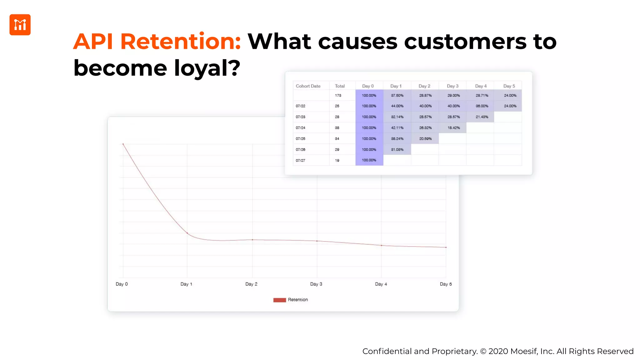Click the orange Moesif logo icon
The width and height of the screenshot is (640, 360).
pyautogui.click(x=20, y=25)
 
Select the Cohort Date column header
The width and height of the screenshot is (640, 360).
pyautogui.click(x=308, y=86)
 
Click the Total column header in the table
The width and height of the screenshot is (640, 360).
pyautogui.click(x=340, y=86)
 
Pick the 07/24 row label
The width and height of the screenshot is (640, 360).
pyautogui.click(x=300, y=128)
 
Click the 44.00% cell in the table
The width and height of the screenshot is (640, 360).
pyautogui.click(x=397, y=106)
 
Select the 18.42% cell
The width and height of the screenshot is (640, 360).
pyautogui.click(x=453, y=128)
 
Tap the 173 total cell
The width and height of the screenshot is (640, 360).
pyautogui.click(x=338, y=96)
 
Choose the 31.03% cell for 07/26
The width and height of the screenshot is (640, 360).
pyautogui.click(x=397, y=150)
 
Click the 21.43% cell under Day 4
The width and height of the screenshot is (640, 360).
pyautogui.click(x=482, y=117)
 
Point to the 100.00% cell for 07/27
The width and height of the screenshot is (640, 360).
pyautogui.click(x=369, y=160)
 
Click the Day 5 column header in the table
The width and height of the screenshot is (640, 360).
pyautogui.click(x=509, y=86)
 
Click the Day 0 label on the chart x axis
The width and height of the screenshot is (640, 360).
pyautogui.click(x=122, y=284)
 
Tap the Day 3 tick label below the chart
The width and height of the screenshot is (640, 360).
pyautogui.click(x=316, y=284)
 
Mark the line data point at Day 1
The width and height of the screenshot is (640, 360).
pyautogui.click(x=187, y=233)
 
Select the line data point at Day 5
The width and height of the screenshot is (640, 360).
pyautogui.click(x=446, y=247)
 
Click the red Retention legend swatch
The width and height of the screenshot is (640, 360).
pyautogui.click(x=279, y=300)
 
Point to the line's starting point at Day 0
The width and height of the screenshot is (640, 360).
pyautogui.click(x=123, y=144)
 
